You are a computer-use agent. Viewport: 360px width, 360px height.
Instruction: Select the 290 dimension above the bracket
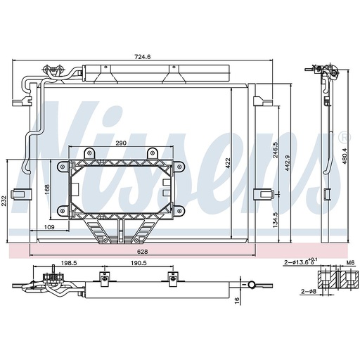(120, 143)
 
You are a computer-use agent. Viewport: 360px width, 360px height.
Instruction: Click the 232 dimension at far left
(6, 202)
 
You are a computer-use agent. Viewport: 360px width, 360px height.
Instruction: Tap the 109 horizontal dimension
(49, 227)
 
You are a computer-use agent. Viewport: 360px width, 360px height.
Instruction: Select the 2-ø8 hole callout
(308, 290)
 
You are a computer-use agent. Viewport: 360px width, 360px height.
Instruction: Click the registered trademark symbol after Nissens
(345, 136)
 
